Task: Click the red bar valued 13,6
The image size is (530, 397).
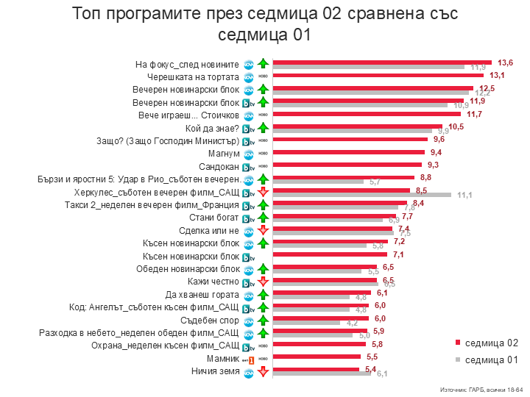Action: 382,62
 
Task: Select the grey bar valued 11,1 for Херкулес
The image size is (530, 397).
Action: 361,194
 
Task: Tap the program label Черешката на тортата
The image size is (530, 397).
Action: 194,76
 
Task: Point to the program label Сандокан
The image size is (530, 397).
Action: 219,166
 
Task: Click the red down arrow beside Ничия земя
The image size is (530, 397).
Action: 262,372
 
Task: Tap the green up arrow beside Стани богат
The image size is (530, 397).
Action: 262,218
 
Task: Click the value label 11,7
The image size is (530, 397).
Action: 475,114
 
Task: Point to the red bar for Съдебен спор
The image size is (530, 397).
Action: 321,318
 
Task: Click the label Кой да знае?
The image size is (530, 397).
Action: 208,128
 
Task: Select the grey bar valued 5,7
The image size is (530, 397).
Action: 318,181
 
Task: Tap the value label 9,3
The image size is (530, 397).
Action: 435,165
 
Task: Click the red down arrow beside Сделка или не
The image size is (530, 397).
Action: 262,231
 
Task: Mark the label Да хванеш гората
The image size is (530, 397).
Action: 208,294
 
